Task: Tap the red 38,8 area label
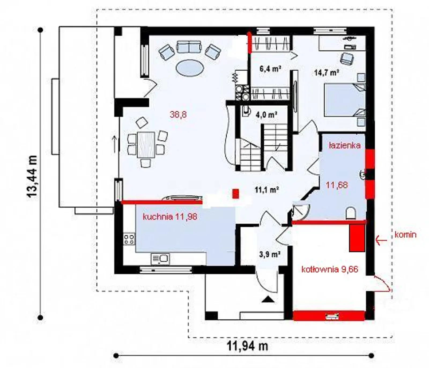tap(178, 115)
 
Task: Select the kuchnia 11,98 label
tap(170, 217)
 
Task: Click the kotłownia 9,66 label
tap(330, 269)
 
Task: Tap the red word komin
tap(406, 235)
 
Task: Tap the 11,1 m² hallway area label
tap(267, 190)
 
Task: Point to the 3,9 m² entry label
tap(270, 254)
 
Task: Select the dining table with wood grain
tap(146, 145)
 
